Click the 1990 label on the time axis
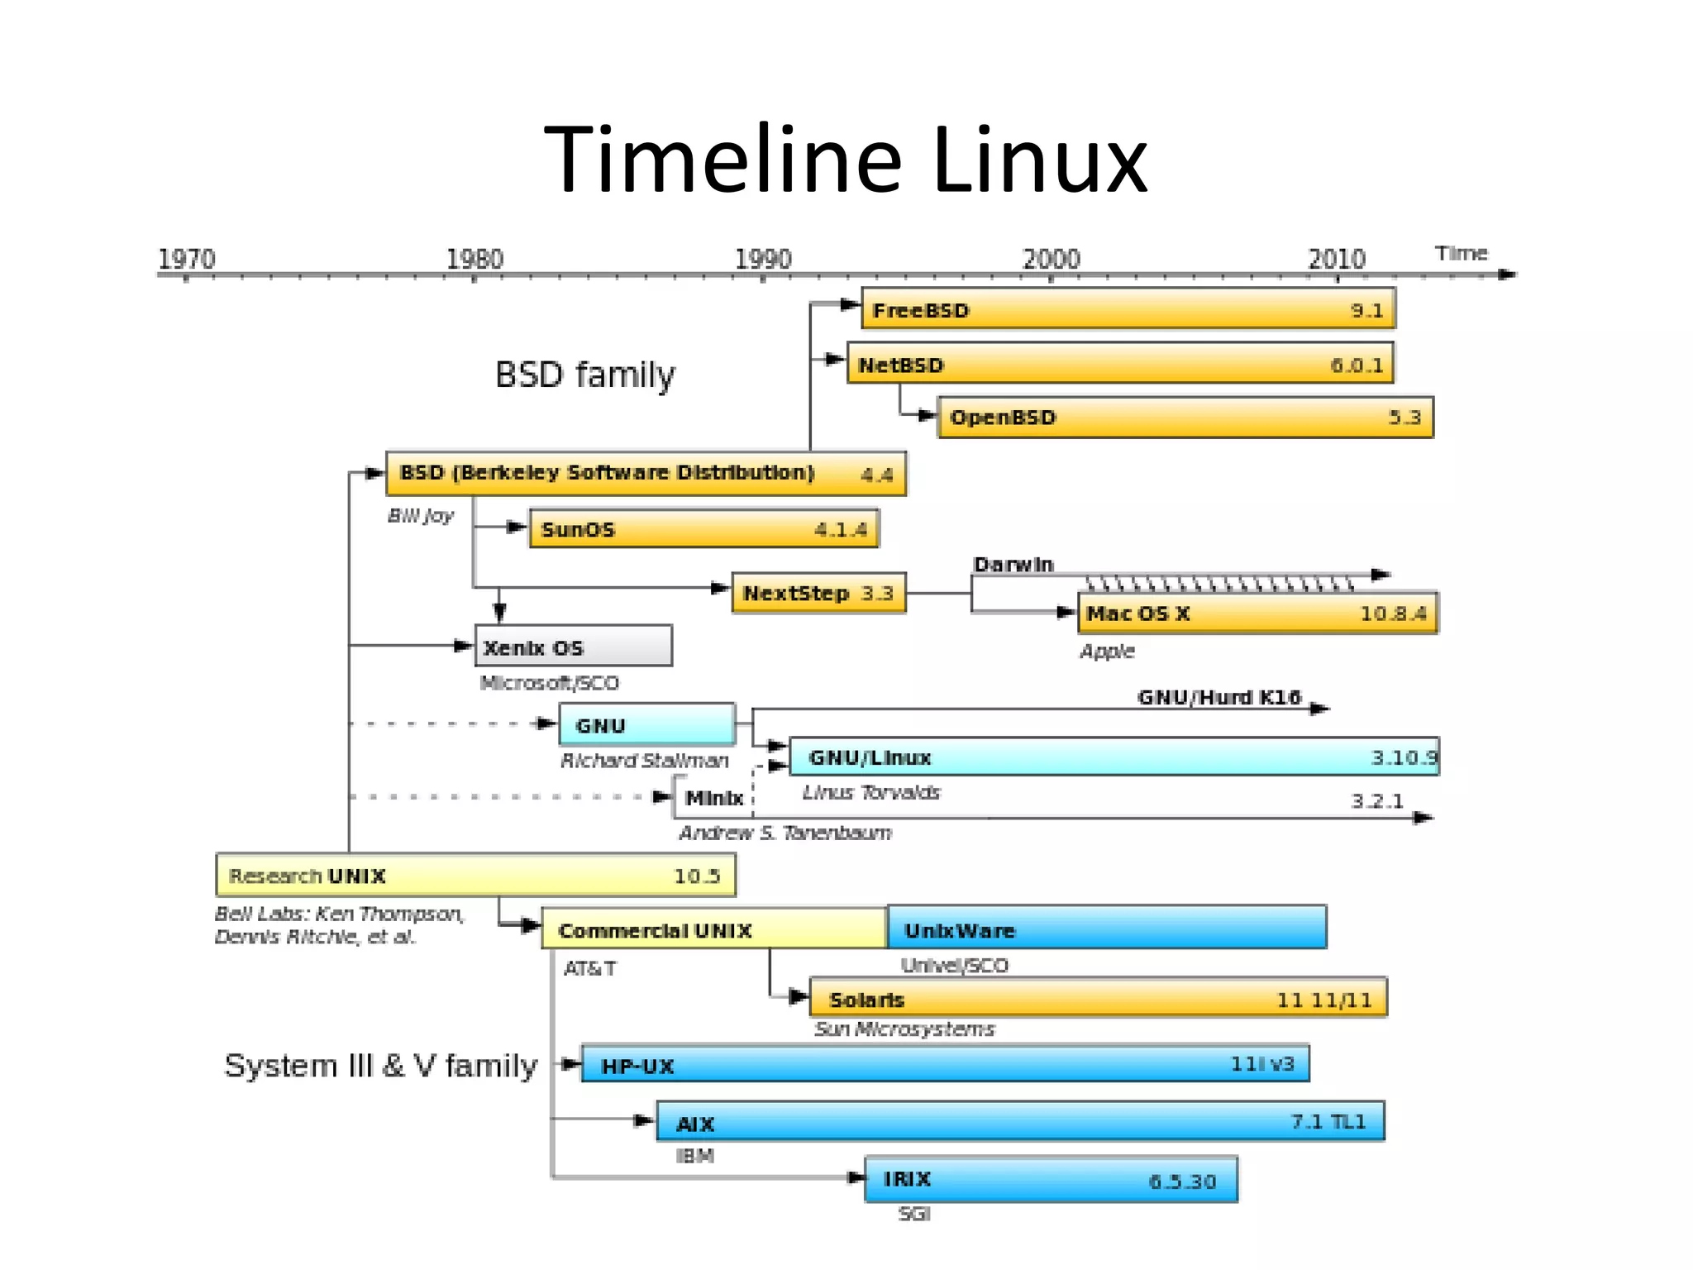click(x=763, y=259)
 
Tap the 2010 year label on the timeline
click(x=1336, y=259)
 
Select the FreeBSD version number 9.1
click(x=1366, y=311)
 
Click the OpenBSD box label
click(x=1003, y=418)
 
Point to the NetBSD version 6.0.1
click(x=1356, y=365)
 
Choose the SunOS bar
click(x=703, y=529)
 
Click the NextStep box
click(x=818, y=594)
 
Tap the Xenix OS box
click(x=573, y=646)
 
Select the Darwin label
click(x=1013, y=565)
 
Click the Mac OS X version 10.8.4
click(x=1393, y=614)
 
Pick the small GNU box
click(x=646, y=725)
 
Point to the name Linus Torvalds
click(x=871, y=793)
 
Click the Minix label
click(x=714, y=799)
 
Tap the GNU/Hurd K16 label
click(x=1219, y=698)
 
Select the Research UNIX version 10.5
click(x=697, y=876)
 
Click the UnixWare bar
click(x=1106, y=928)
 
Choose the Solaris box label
click(x=866, y=1000)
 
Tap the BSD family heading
click(x=584, y=375)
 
